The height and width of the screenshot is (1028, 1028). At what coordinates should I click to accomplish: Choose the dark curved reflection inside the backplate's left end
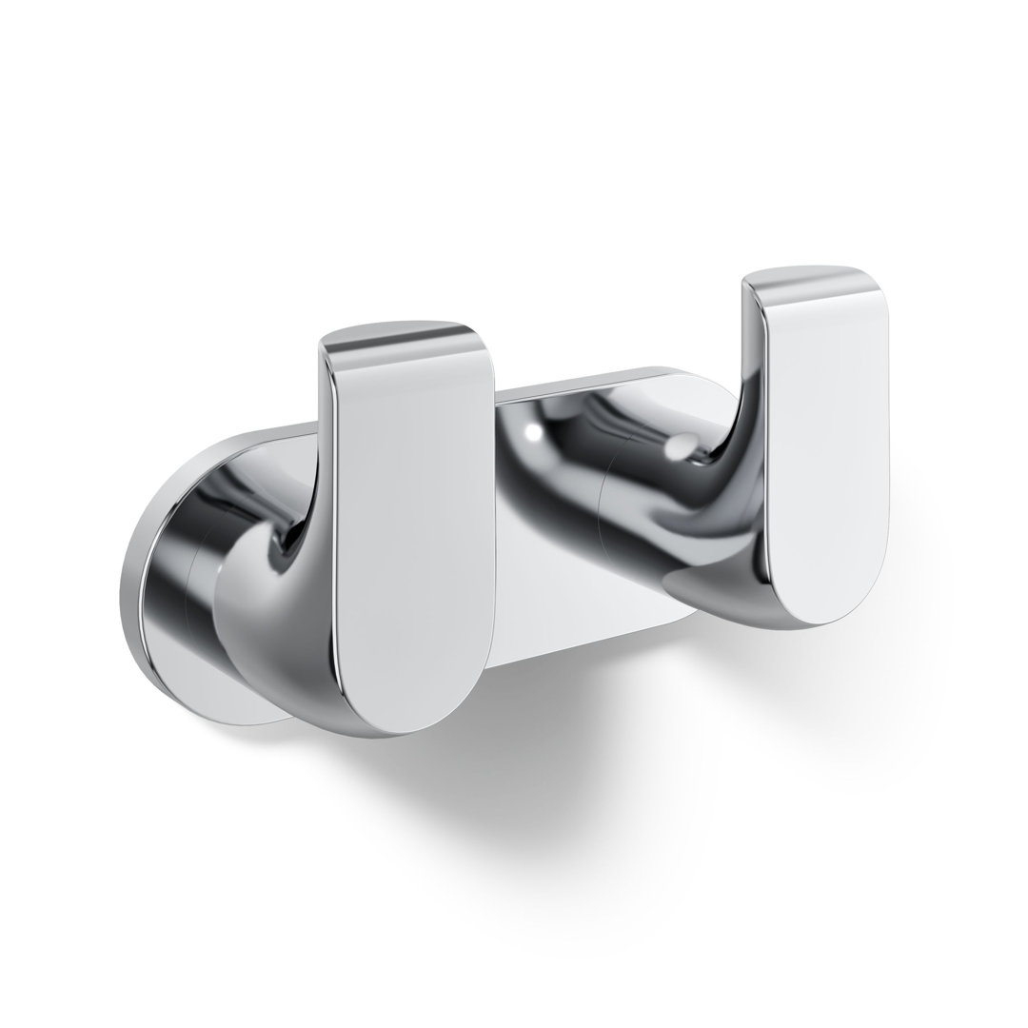coord(176,571)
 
